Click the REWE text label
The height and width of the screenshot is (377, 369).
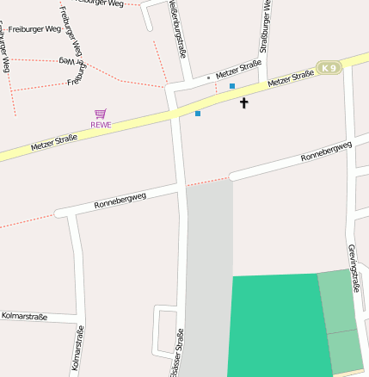[101, 125]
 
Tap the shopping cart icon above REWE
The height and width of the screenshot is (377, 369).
[101, 114]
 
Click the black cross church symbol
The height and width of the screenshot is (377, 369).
[243, 103]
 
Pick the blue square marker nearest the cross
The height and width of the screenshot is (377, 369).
[232, 86]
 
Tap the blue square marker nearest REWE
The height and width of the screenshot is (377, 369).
[198, 113]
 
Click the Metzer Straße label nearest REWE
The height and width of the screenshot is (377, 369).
[54, 143]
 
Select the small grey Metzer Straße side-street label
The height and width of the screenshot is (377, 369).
[238, 67]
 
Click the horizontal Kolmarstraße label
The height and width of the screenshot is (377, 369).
[27, 316]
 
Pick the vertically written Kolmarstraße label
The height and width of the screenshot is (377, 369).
[77, 349]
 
